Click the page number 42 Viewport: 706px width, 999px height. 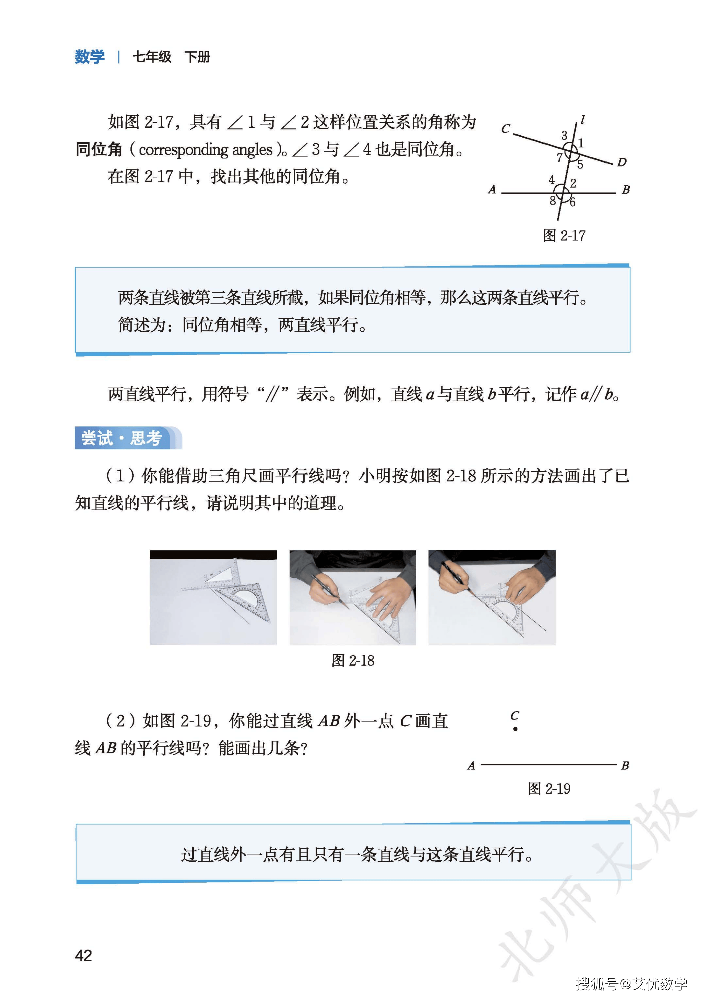point(83,956)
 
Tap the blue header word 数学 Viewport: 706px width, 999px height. point(90,57)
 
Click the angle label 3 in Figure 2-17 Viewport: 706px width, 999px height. point(564,135)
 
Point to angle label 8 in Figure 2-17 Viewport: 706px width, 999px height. point(552,201)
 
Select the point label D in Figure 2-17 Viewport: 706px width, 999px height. point(621,162)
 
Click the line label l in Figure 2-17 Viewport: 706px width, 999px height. point(582,120)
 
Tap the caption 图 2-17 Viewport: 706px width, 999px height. point(564,235)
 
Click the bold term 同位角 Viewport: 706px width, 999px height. point(99,149)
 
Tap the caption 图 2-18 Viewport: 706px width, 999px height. point(353,660)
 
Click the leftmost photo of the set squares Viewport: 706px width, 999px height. point(213,597)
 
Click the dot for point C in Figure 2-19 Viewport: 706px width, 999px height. point(515,729)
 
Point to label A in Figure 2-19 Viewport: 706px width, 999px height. point(471,766)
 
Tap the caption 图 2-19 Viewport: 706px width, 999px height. point(549,788)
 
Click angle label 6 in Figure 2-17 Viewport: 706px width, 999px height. point(572,202)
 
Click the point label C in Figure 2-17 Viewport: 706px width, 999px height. point(505,129)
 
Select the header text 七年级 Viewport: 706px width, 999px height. point(152,57)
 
